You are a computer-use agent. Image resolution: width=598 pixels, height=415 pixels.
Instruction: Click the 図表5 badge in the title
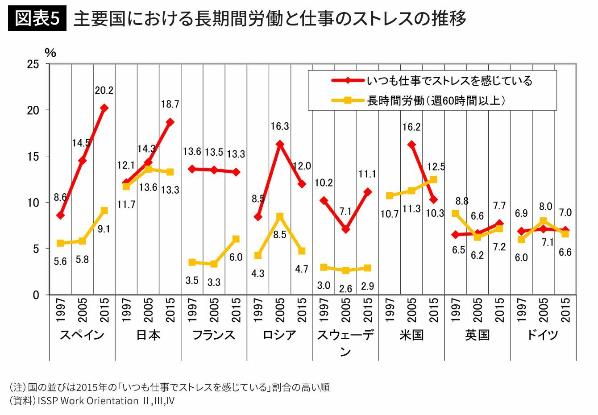click(x=37, y=19)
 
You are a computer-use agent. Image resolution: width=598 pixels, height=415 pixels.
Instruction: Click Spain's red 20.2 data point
click(x=104, y=108)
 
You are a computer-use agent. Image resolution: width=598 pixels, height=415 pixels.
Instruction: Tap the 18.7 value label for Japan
click(x=170, y=104)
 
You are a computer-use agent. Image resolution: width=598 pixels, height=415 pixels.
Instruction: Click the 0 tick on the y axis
click(x=36, y=295)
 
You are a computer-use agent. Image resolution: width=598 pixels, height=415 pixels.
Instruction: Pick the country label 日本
click(x=148, y=335)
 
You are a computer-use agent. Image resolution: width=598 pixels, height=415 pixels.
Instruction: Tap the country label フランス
click(x=214, y=335)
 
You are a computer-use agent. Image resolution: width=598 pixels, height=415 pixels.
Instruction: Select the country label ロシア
click(x=279, y=335)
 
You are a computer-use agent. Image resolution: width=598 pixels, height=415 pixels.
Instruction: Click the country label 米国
click(x=411, y=335)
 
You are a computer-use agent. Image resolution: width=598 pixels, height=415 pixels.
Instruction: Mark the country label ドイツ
click(x=543, y=335)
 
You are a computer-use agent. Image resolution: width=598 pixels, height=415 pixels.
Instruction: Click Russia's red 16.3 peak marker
click(x=280, y=144)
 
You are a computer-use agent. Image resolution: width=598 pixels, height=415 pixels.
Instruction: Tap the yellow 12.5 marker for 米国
click(x=433, y=179)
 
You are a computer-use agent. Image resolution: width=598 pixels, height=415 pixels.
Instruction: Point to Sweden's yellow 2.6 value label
click(x=345, y=289)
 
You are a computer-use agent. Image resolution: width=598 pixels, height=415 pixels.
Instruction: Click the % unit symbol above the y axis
click(x=50, y=53)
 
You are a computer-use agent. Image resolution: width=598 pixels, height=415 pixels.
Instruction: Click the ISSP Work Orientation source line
click(x=91, y=400)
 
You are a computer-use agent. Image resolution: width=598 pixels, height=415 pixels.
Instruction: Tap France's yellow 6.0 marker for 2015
click(x=236, y=239)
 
